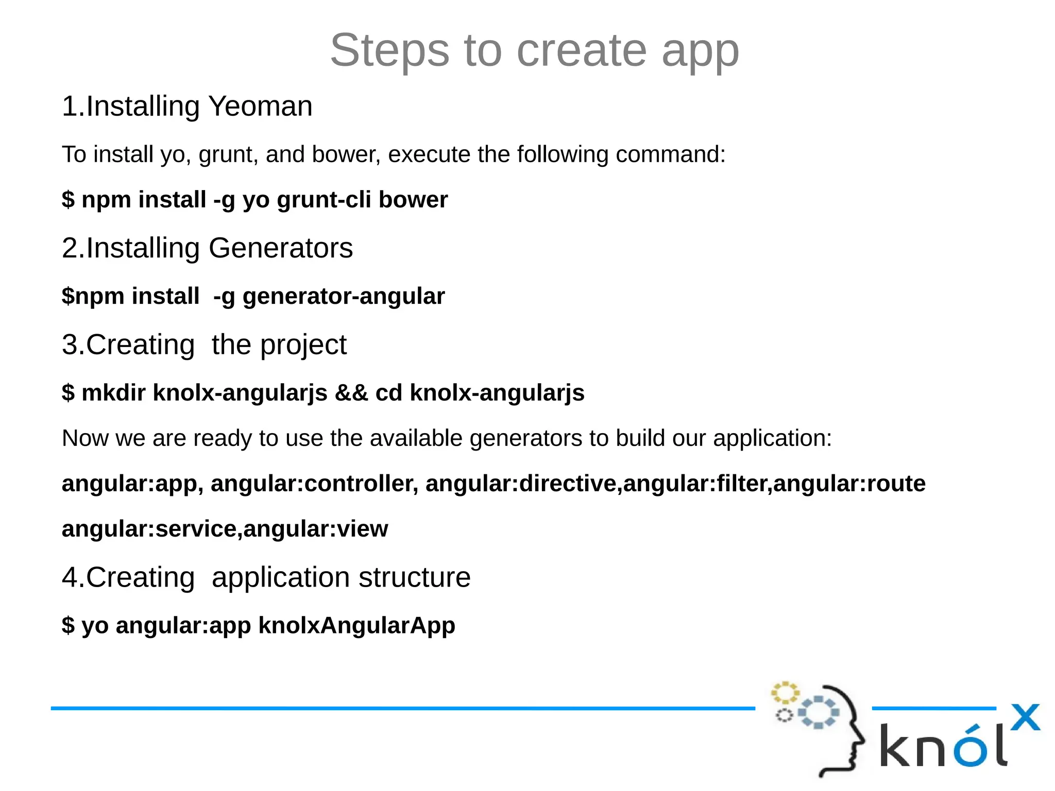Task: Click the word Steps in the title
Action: tap(389, 50)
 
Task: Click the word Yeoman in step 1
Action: tap(260, 106)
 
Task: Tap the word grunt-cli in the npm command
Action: tap(324, 199)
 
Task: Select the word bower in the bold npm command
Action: tap(413, 199)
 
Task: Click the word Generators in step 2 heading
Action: tap(281, 248)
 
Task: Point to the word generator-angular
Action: tap(344, 296)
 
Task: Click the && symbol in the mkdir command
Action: tap(351, 392)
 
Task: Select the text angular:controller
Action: tap(314, 484)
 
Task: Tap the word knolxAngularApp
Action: tap(356, 625)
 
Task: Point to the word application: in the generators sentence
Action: tap(772, 438)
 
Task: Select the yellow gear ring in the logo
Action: tap(785, 693)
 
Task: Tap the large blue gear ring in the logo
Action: tap(819, 712)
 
